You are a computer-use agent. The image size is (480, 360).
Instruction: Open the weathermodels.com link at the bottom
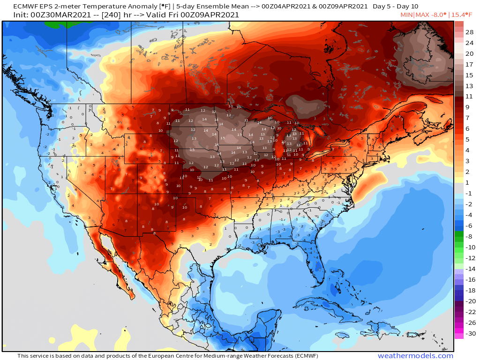(415, 356)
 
